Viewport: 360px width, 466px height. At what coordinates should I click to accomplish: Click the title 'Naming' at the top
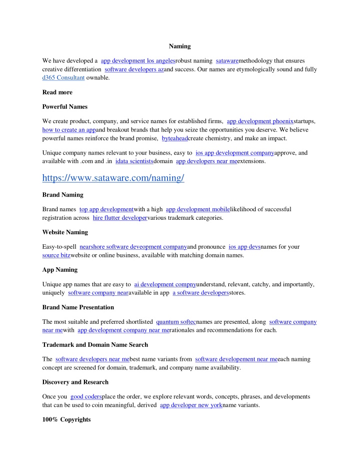click(x=179, y=46)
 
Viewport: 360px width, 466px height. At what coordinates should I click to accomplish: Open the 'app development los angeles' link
click(x=137, y=61)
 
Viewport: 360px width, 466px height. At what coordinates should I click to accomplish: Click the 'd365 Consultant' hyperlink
click(x=63, y=78)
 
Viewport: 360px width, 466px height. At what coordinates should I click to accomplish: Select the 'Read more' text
click(x=57, y=92)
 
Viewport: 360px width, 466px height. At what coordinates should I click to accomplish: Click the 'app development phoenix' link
click(x=260, y=121)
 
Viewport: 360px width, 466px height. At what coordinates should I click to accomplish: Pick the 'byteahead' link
click(x=175, y=138)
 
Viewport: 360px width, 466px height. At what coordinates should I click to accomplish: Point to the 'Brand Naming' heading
click(x=63, y=194)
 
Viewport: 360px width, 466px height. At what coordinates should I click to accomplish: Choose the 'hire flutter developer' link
click(x=120, y=218)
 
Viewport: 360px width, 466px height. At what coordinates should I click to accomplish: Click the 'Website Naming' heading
click(x=65, y=232)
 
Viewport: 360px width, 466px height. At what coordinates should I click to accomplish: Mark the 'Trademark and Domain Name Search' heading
click(x=95, y=345)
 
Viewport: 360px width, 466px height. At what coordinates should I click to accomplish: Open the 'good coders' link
click(x=86, y=397)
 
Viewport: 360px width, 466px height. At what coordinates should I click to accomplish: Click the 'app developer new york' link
click(x=191, y=405)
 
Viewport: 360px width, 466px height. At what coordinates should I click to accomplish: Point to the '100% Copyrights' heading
click(x=66, y=419)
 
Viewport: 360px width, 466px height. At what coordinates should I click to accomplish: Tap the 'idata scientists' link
click(x=134, y=161)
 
